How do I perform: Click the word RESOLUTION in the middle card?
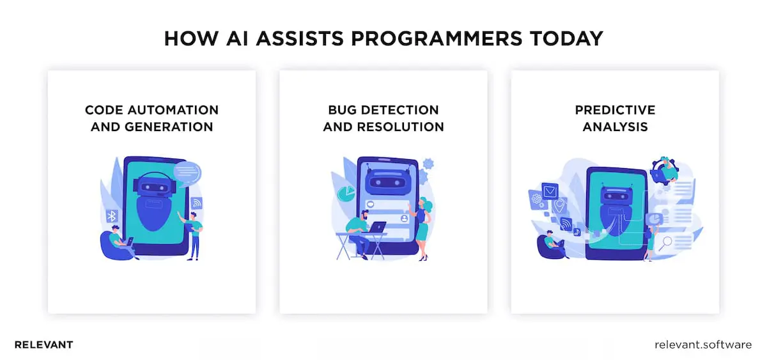pyautogui.click(x=400, y=127)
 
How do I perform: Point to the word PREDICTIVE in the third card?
pyautogui.click(x=615, y=110)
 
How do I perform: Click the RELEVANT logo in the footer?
pyautogui.click(x=43, y=345)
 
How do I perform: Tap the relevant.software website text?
pyautogui.click(x=703, y=345)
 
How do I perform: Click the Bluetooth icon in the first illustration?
pyautogui.click(x=112, y=215)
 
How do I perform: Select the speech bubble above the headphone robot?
pyautogui.click(x=187, y=171)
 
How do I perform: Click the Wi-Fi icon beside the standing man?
pyautogui.click(x=196, y=203)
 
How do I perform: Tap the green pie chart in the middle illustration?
pyautogui.click(x=345, y=192)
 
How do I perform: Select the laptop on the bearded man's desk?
pyautogui.click(x=377, y=227)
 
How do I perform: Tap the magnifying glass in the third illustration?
pyautogui.click(x=667, y=242)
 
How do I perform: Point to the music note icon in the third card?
pyautogui.click(x=577, y=232)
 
